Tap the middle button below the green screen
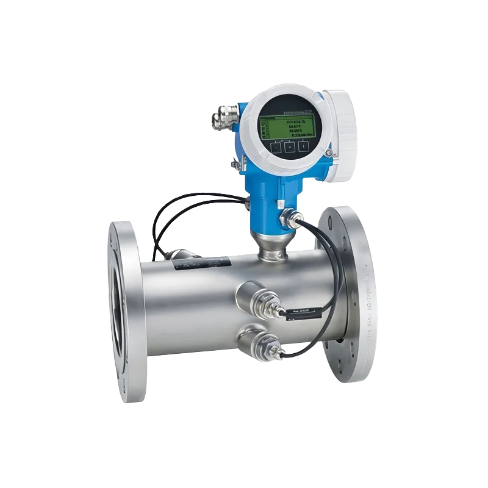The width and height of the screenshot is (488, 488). pyautogui.click(x=289, y=146)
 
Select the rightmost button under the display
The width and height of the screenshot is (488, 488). pyautogui.click(x=303, y=146)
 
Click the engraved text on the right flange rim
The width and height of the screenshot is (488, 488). pyautogui.click(x=368, y=305)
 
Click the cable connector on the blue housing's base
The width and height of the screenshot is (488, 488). pyautogui.click(x=288, y=217)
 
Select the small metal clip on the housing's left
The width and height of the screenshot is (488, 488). pyautogui.click(x=234, y=163)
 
